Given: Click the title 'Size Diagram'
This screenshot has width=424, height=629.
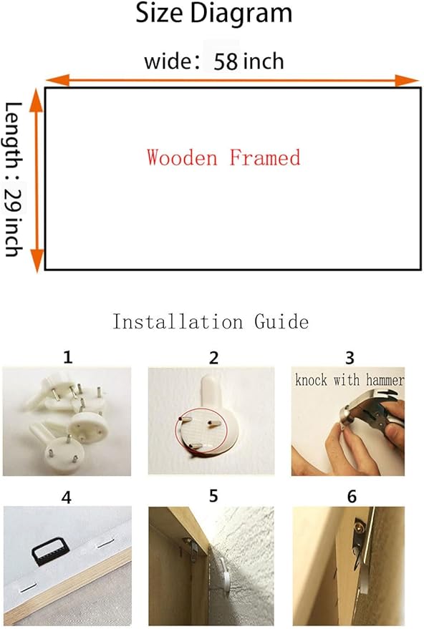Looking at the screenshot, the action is tap(214, 13).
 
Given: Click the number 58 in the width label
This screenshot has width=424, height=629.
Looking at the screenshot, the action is tap(226, 62).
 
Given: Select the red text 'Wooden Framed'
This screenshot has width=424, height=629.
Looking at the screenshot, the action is tap(223, 157).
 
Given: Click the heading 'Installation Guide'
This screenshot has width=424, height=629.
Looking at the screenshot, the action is tap(211, 322).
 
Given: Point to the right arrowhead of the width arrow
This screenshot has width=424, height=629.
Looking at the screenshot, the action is tap(407, 81).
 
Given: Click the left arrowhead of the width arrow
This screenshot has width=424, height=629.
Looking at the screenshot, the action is tap(58, 80).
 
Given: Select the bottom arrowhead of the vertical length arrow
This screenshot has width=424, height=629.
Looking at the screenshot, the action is tap(37, 260).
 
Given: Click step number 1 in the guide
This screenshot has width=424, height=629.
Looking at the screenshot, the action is tap(68, 357).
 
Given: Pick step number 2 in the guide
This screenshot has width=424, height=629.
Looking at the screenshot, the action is tap(213, 358).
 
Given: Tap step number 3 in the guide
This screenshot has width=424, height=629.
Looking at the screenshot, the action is tap(350, 358).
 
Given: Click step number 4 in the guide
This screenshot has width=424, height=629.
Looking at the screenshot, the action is tap(66, 497).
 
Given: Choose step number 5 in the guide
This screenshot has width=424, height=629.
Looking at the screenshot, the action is tap(213, 496).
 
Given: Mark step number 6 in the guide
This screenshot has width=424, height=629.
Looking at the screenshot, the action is tap(352, 497).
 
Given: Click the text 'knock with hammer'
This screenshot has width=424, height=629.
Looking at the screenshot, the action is tap(350, 379).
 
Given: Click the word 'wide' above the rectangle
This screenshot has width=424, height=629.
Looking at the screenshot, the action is tap(168, 62).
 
